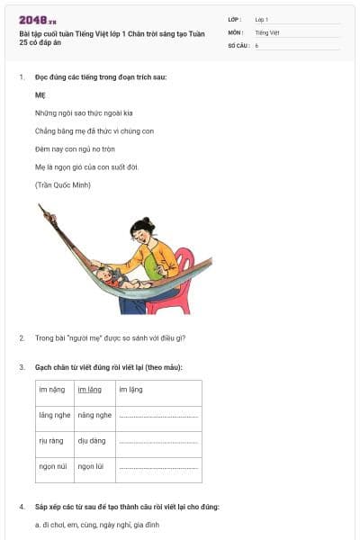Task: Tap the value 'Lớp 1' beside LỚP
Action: click(x=262, y=19)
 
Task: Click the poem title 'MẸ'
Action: click(x=40, y=94)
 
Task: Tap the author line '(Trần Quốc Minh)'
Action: click(x=62, y=184)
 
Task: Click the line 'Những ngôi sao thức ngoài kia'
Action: click(x=84, y=113)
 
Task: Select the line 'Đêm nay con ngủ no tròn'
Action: click(x=76, y=148)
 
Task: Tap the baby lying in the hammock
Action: click(x=110, y=274)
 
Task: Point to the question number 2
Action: click(x=22, y=338)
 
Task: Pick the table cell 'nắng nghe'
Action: click(x=94, y=415)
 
